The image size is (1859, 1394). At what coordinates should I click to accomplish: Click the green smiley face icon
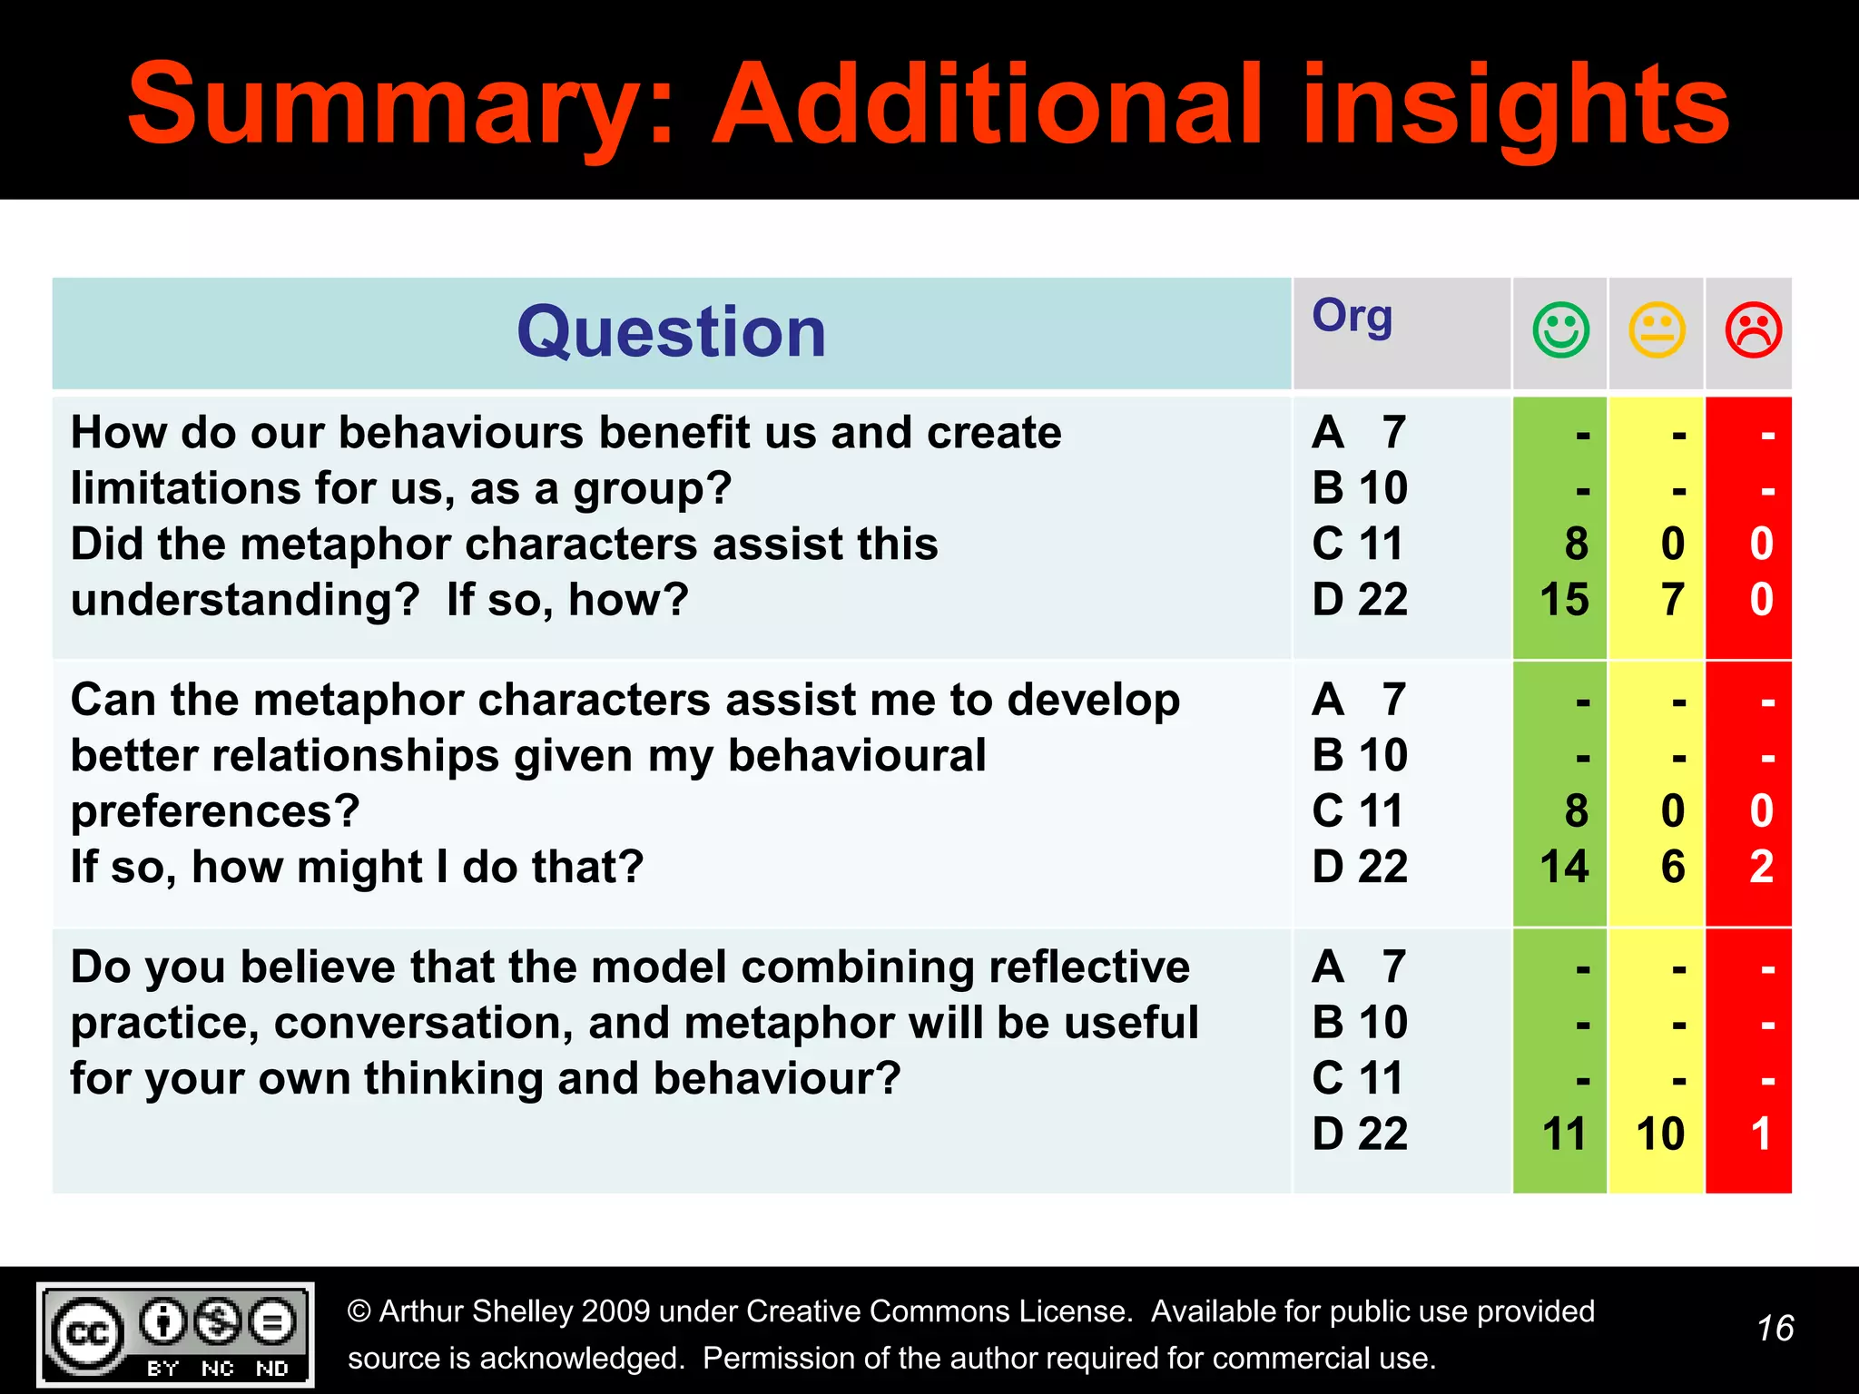1560,330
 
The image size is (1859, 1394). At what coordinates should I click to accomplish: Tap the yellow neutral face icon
1657,330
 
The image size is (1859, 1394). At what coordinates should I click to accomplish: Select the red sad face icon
1753,330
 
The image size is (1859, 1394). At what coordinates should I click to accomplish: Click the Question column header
672,333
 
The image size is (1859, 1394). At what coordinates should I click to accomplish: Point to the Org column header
1352,317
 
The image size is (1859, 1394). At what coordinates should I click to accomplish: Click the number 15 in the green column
1564,600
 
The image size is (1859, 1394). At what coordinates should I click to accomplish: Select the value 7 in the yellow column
1673,600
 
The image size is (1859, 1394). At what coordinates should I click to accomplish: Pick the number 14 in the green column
1564,867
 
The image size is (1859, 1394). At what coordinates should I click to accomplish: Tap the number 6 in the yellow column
1673,867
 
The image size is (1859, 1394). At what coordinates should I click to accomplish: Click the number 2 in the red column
1761,867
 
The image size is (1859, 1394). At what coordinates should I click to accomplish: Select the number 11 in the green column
1564,1134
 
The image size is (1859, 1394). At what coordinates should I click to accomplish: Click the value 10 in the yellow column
1660,1134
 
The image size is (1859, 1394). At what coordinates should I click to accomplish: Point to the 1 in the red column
1761,1134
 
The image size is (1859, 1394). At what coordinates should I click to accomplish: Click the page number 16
1775,1329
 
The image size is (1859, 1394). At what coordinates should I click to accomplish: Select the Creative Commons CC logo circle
88,1333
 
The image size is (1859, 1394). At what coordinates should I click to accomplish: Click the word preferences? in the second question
215,811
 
